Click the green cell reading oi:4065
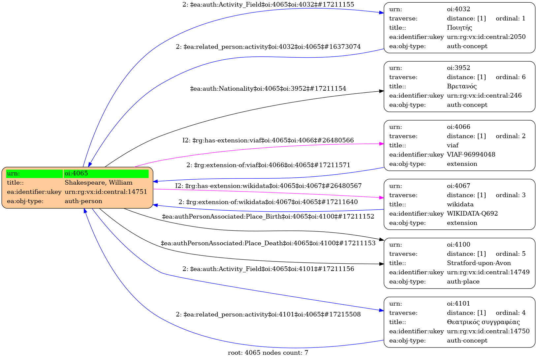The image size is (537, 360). [x=106, y=173]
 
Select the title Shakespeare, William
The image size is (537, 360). [x=98, y=183]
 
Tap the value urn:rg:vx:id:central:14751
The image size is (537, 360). [x=106, y=192]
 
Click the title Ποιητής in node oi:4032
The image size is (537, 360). [x=459, y=28]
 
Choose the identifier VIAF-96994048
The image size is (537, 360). [x=471, y=155]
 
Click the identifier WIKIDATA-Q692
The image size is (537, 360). [x=472, y=214]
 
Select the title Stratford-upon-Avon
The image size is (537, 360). [x=479, y=263]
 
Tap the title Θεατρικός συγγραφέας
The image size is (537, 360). [x=483, y=322]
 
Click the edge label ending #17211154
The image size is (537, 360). [x=268, y=89]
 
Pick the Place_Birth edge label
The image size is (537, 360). [x=268, y=217]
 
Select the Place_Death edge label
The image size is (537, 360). [x=268, y=243]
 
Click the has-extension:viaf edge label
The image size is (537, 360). [x=268, y=140]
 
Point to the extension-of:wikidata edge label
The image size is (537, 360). [x=268, y=202]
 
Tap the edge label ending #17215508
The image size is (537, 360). [x=268, y=315]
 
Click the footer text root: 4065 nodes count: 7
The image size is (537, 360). [x=268, y=353]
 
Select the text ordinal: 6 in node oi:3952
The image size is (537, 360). [x=510, y=77]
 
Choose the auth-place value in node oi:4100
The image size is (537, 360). [x=463, y=282]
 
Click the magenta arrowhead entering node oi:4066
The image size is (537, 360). [x=382, y=144]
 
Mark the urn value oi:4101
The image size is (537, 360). [x=458, y=304]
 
